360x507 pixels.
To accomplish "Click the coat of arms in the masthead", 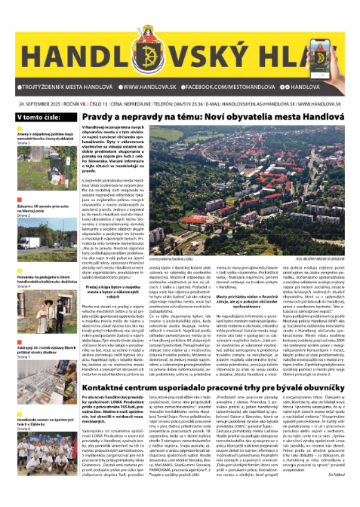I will [177, 29].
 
